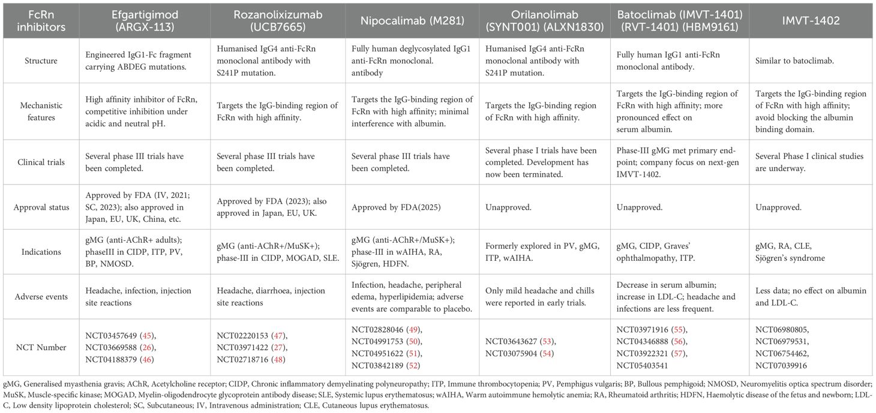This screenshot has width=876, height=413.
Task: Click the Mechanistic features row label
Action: coord(40,111)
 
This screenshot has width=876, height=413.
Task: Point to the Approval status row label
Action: coord(40,207)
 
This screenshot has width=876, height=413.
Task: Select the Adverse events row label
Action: coord(40,296)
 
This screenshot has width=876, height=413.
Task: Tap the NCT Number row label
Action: coord(40,346)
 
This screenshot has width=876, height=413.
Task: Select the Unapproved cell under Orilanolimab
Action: coord(509,207)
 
